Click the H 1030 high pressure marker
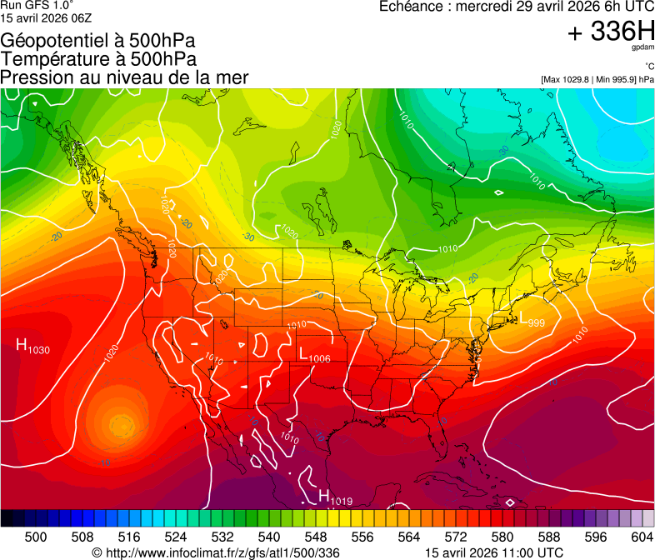[x=32, y=347]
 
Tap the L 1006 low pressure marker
[x=315, y=355]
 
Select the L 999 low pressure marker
[x=531, y=320]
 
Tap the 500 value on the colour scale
[x=36, y=537]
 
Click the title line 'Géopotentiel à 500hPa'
[x=98, y=41]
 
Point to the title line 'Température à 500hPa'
[x=98, y=59]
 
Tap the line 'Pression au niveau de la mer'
[x=124, y=77]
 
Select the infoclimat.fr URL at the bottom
[x=216, y=552]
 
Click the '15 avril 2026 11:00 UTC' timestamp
[x=493, y=552]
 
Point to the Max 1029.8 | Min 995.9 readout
[x=597, y=79]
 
